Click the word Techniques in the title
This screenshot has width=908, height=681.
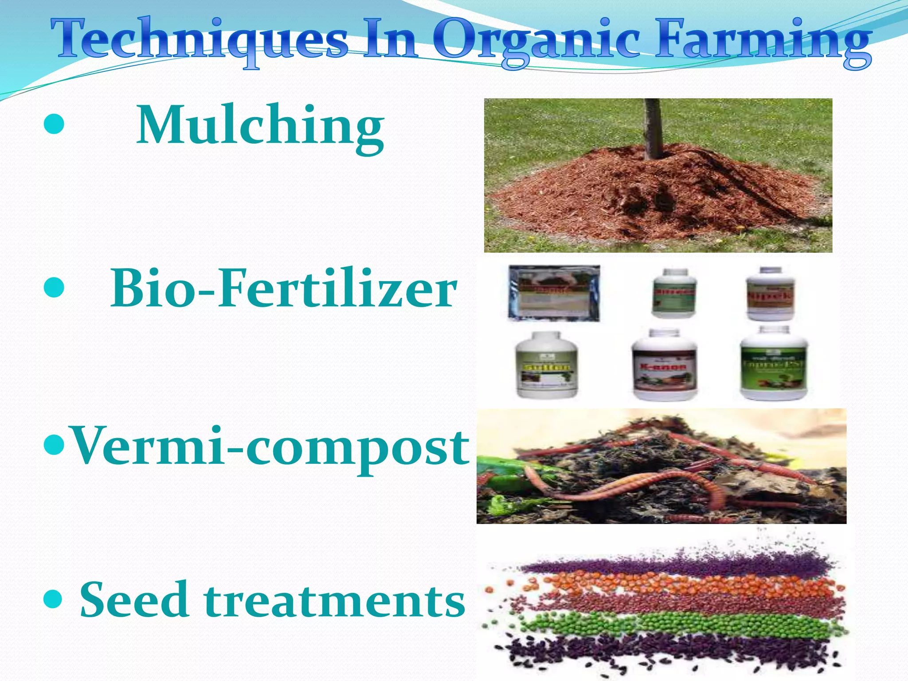(200, 40)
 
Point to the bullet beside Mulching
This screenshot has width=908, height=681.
(55, 125)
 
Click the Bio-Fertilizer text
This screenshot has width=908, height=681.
(284, 289)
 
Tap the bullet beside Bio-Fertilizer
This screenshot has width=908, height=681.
(55, 288)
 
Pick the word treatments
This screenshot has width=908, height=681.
(335, 601)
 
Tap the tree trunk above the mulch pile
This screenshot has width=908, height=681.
(652, 126)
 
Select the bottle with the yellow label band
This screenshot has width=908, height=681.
(547, 366)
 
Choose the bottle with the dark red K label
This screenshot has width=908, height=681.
(664, 366)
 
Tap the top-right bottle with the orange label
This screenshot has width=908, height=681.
(771, 294)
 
